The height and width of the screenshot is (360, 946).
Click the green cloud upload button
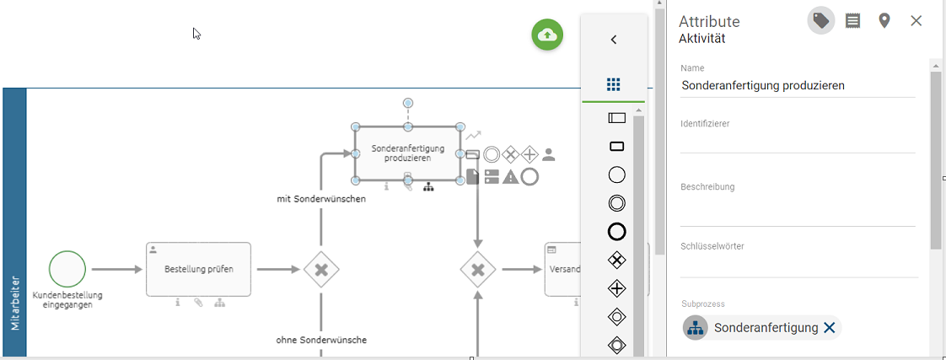point(547,35)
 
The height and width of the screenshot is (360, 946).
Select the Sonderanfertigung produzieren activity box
point(407,153)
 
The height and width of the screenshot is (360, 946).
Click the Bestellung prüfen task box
point(198,270)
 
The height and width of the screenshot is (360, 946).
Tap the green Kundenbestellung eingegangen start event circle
point(67,269)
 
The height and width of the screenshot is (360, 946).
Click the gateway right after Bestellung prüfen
point(321,270)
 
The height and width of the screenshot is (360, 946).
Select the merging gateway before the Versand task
point(478,270)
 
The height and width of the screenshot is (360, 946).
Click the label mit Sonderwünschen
point(321,199)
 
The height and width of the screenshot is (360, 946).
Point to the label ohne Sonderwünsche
point(321,340)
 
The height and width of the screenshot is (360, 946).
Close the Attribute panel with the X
point(916,21)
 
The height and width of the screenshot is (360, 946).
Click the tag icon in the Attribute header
point(821,21)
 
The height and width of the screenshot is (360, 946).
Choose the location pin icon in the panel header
point(884,21)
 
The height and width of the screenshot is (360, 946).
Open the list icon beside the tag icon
point(852,21)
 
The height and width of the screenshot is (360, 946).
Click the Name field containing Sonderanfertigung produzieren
point(797,85)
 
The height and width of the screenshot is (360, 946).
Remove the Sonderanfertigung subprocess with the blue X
point(829,328)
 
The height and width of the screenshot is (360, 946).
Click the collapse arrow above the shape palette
point(614,40)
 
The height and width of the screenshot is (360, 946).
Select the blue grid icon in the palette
point(614,84)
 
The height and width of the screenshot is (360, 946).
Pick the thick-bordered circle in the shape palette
point(616,231)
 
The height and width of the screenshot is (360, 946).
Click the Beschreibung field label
point(707,187)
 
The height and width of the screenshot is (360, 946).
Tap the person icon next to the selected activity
point(549,154)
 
